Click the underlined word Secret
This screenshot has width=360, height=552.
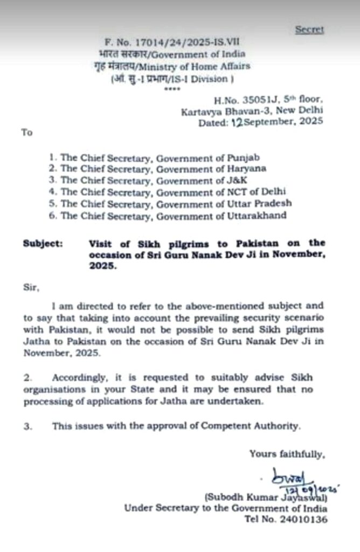tap(309, 30)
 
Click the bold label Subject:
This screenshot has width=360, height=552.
tap(43, 243)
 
